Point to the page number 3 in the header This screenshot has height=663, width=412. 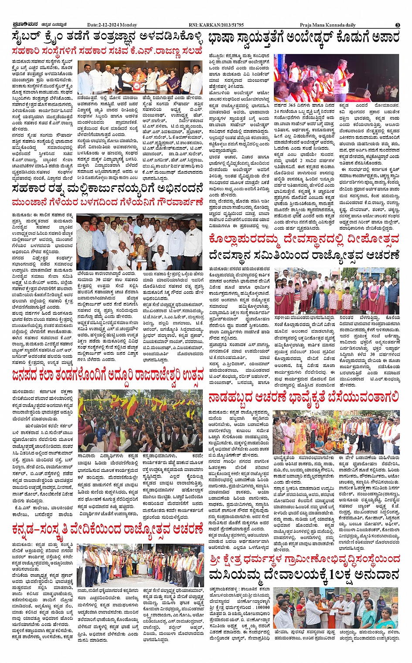tap(398, 25)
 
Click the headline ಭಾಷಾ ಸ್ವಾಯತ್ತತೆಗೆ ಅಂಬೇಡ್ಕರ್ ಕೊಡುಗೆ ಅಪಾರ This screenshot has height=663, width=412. tap(304, 38)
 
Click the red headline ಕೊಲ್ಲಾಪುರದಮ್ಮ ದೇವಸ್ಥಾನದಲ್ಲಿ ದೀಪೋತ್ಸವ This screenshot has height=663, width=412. tap(304, 239)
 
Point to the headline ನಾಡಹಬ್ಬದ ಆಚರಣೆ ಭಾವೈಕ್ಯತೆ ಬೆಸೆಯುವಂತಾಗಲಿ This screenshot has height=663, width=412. tap(304, 397)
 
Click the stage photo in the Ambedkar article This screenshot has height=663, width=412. tap(336, 78)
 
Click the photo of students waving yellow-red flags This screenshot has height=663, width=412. tap(140, 421)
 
